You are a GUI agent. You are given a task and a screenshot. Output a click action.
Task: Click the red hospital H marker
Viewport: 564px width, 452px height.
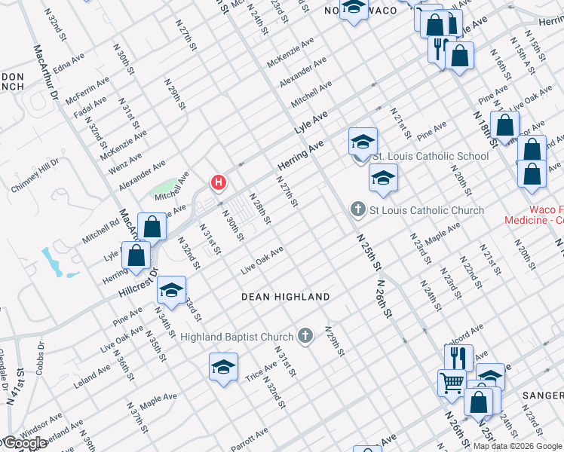pos(219,182)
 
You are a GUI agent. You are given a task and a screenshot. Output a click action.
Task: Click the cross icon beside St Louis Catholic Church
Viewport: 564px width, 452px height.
pos(358,209)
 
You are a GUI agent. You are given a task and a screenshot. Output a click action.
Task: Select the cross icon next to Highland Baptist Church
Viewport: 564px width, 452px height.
pos(305,335)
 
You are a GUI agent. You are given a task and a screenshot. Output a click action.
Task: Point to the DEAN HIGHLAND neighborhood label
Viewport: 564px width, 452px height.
pos(285,297)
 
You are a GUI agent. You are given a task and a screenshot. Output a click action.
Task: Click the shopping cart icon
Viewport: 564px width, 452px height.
pos(451,382)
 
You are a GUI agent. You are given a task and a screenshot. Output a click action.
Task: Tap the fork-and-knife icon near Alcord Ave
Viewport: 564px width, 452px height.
pos(458,356)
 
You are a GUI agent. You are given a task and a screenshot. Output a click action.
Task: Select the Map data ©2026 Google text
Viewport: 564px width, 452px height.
pos(517,446)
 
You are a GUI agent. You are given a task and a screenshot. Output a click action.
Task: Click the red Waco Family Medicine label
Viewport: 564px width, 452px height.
pos(534,215)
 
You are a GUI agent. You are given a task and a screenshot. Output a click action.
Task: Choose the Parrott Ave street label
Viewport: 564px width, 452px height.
pos(250,437)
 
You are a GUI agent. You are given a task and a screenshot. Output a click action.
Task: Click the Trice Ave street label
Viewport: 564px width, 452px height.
pos(261,368)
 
